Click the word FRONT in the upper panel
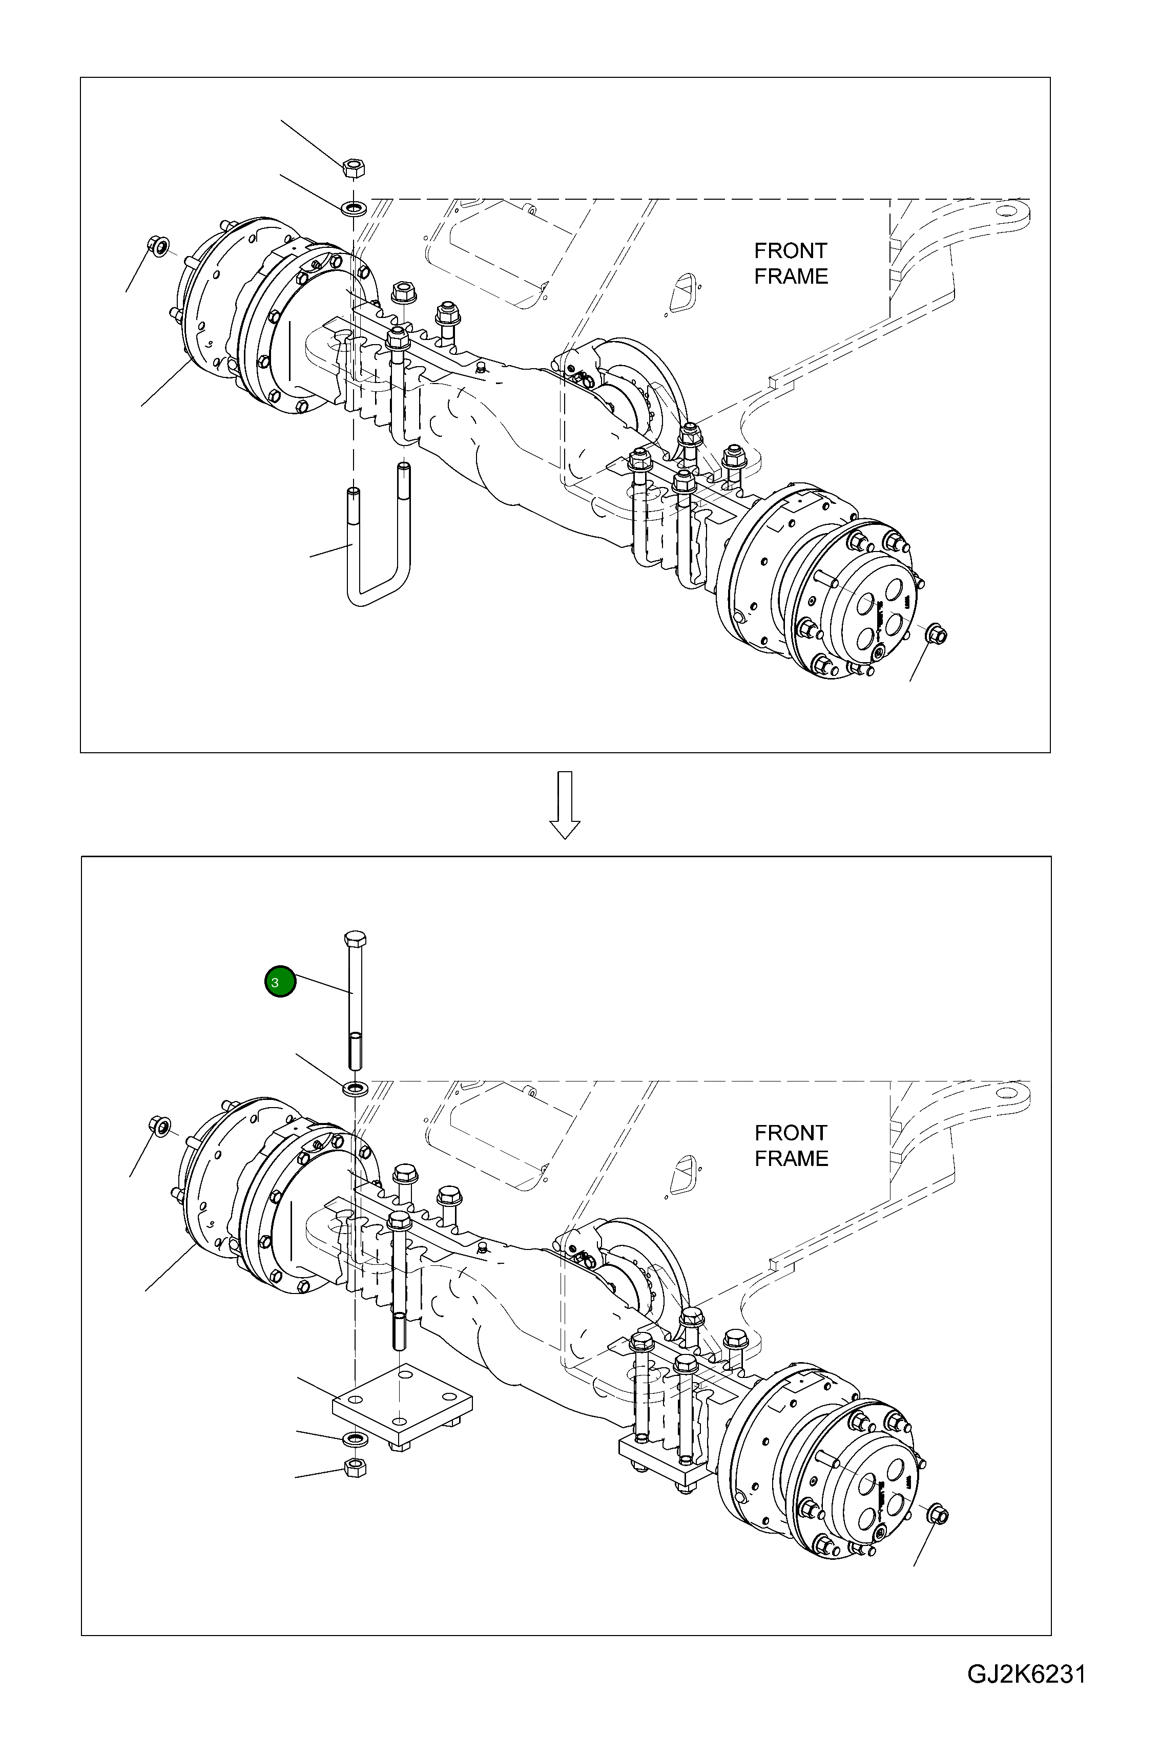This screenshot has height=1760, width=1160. point(790,251)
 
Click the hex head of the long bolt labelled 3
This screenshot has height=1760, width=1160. point(355,940)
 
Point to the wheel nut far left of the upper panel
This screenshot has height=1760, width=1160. point(158,244)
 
